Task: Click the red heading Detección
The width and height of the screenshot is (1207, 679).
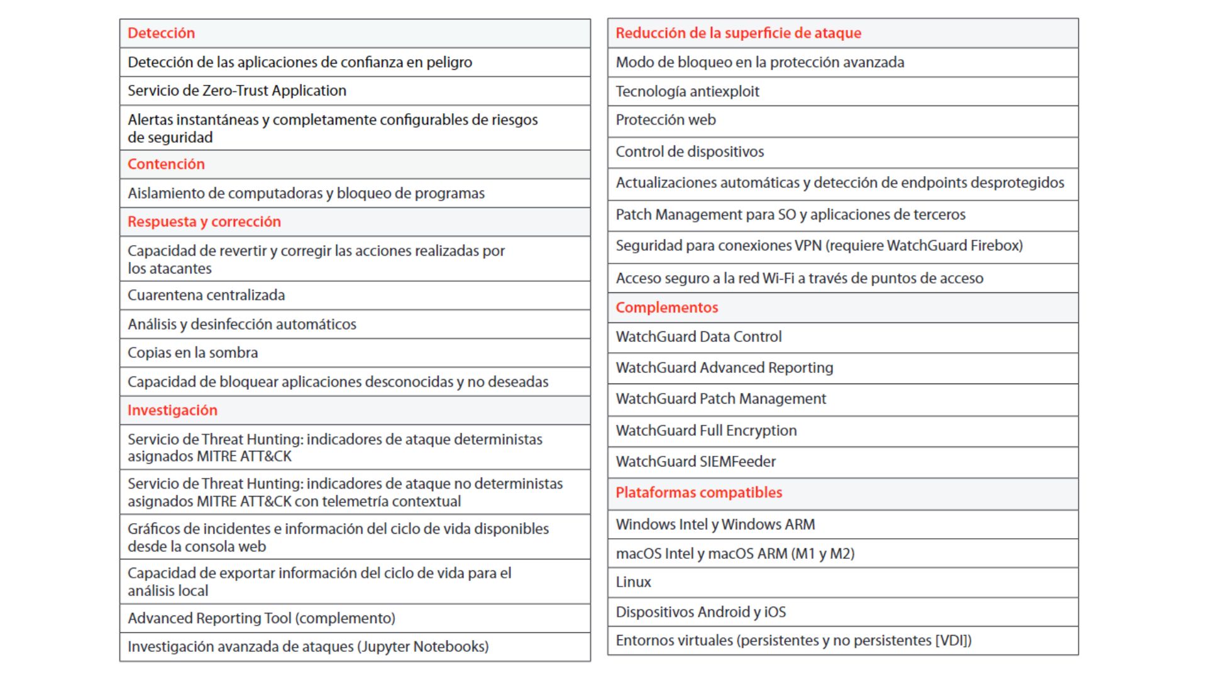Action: (161, 33)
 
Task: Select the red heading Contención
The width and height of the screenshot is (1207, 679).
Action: (166, 164)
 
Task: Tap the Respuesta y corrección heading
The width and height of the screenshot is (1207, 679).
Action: (204, 222)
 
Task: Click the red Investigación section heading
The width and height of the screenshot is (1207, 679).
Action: (172, 411)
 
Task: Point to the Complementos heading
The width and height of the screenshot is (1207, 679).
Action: (666, 307)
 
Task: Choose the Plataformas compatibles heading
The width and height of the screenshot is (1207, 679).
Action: (698, 493)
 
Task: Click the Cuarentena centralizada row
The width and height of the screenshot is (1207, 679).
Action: (206, 295)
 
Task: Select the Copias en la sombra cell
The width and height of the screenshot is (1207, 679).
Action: (192, 353)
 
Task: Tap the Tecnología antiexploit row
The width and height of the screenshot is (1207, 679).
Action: (687, 92)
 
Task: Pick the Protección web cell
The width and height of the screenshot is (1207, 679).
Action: (665, 120)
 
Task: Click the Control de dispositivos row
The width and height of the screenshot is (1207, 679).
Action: (690, 152)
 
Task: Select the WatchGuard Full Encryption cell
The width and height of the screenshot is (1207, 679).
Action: (706, 431)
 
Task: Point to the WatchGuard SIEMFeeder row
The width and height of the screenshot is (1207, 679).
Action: (695, 461)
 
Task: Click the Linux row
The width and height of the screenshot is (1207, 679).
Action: (633, 582)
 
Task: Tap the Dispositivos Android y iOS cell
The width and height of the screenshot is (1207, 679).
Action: (700, 612)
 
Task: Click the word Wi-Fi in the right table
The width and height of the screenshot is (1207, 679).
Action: (778, 279)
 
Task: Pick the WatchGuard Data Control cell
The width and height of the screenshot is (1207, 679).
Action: (698, 337)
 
